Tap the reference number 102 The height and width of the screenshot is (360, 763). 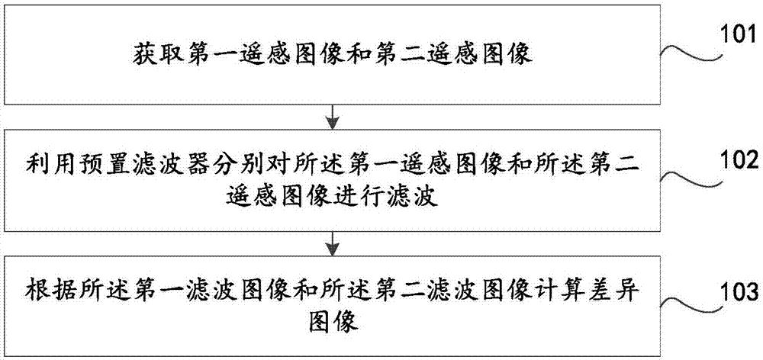coord(735,162)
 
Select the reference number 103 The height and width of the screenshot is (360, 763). coord(735,290)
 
